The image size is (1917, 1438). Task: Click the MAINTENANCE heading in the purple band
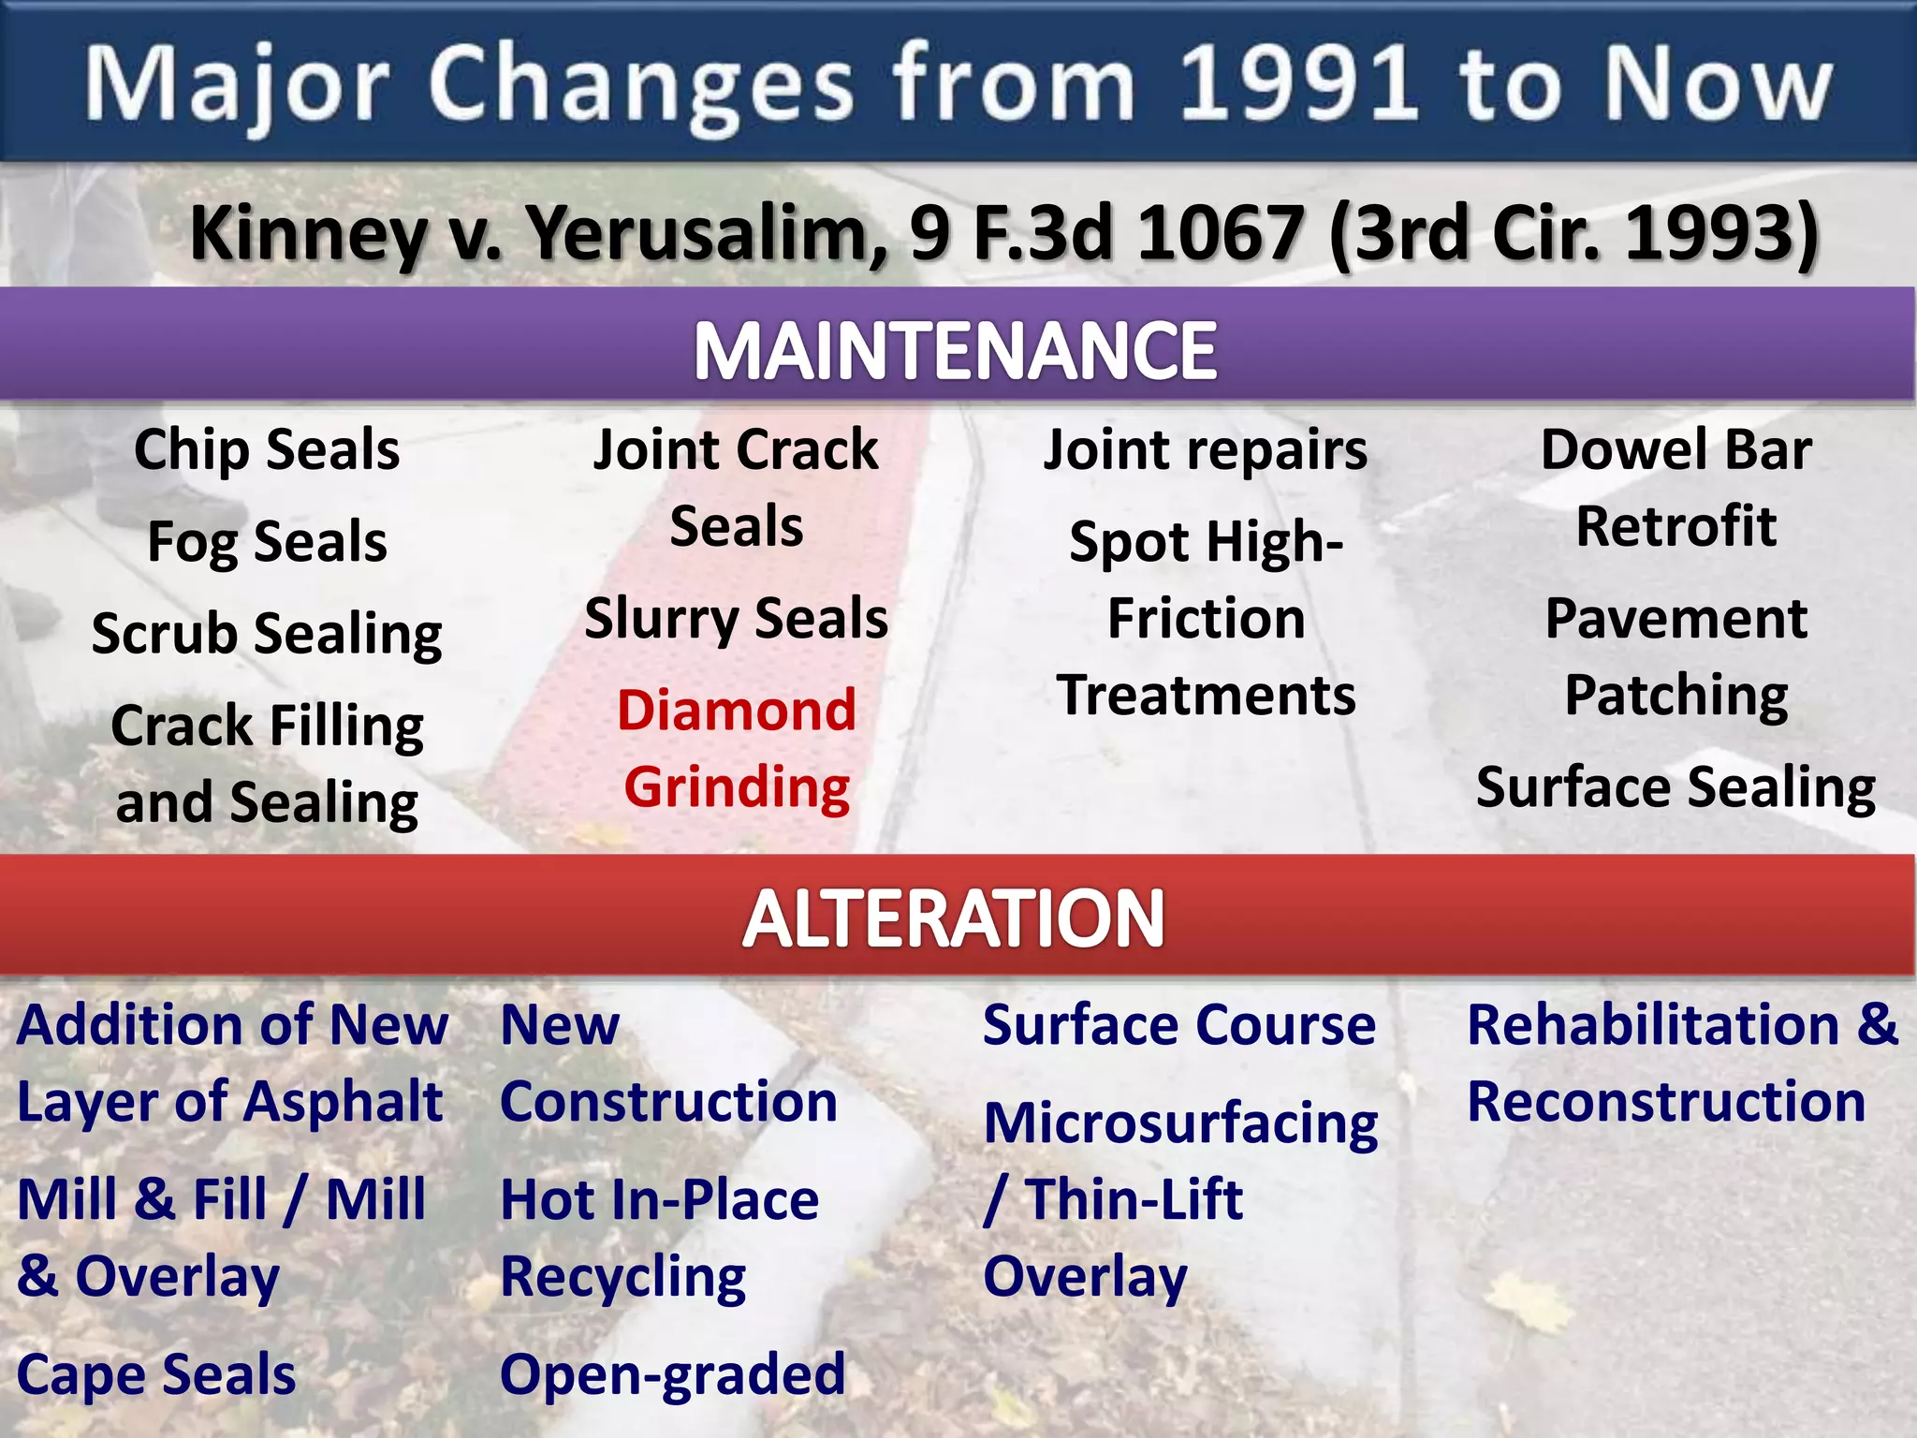tap(955, 351)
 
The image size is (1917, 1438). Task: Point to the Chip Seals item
tap(267, 450)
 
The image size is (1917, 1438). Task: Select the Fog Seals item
tap(267, 543)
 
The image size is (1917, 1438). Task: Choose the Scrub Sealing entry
tap(267, 635)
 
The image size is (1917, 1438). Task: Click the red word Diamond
tap(737, 711)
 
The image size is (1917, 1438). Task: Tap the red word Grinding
tap(737, 787)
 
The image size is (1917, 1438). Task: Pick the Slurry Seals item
tap(737, 620)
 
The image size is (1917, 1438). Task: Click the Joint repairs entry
tap(1206, 450)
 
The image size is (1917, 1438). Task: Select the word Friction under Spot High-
tap(1206, 620)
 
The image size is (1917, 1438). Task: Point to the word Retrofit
tap(1676, 526)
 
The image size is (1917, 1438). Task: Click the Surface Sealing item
tap(1676, 787)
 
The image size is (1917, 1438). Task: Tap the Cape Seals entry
tap(156, 1375)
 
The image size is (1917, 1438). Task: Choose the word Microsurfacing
tap(1181, 1123)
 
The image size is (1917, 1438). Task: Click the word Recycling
tap(623, 1278)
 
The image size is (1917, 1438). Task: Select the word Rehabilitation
tap(1653, 1025)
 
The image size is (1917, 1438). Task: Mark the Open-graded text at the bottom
tap(672, 1375)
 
